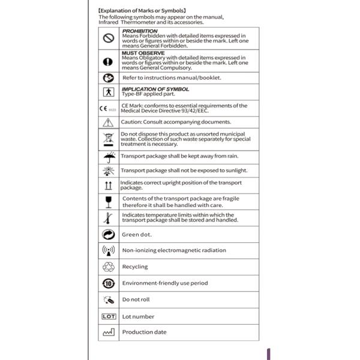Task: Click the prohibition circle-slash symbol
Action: coord(109,38)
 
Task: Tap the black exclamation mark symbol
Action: coord(109,61)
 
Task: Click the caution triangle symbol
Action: coord(109,122)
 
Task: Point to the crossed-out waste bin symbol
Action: coord(109,139)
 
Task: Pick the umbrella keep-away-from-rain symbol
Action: coord(109,157)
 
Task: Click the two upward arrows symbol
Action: coord(109,185)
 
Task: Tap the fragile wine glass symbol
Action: coord(109,202)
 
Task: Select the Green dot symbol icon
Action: coord(109,234)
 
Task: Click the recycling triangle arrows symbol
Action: coord(109,266)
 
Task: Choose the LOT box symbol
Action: coord(109,316)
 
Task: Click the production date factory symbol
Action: coord(109,332)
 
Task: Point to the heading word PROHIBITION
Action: coord(140,31)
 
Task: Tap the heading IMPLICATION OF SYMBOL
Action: coord(155,89)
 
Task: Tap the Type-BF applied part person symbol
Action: coord(109,93)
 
